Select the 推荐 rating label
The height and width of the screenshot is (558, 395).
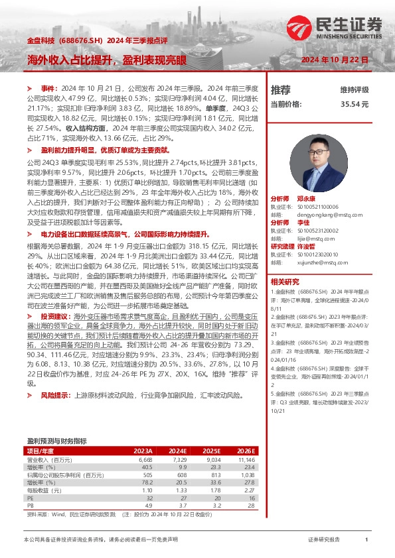tap(281, 90)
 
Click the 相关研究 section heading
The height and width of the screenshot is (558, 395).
tap(285, 282)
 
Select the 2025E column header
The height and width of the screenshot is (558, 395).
tap(210, 451)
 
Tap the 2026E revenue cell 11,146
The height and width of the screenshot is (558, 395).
tap(246, 459)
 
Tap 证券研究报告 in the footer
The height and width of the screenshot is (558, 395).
tap(324, 540)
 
